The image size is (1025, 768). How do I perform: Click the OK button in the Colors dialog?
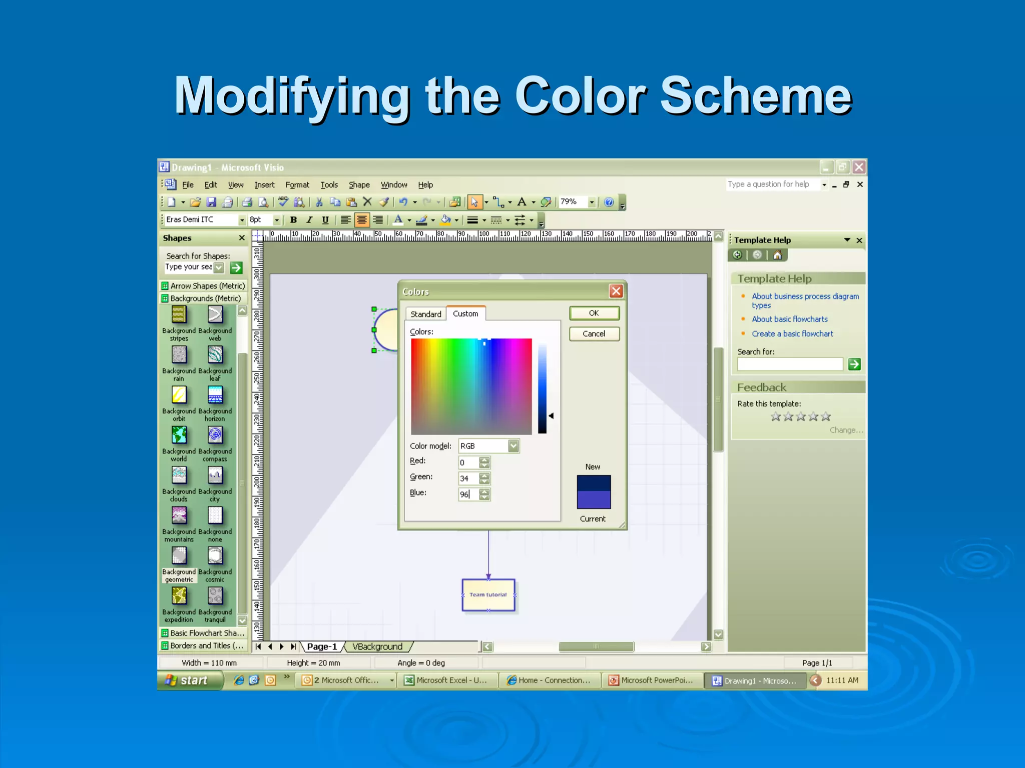594,313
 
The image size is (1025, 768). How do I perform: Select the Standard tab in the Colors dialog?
425,314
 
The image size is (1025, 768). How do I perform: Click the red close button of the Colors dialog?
616,291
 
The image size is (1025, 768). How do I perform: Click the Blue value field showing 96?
468,494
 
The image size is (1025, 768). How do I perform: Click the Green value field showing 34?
468,478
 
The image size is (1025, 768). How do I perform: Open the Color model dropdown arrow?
514,445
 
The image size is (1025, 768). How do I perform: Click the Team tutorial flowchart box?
488,595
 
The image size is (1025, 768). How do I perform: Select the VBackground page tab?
377,646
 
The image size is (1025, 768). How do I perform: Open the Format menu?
297,185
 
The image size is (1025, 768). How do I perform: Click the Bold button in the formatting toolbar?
294,220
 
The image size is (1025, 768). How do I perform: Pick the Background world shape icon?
179,435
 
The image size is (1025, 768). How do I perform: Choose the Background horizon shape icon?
215,395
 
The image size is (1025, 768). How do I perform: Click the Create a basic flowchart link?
792,333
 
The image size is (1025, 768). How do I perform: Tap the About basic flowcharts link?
789,319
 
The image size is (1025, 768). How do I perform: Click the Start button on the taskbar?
190,680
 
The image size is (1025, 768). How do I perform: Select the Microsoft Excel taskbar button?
447,680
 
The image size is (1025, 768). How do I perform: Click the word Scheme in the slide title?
756,95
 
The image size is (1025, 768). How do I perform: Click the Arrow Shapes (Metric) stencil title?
207,286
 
